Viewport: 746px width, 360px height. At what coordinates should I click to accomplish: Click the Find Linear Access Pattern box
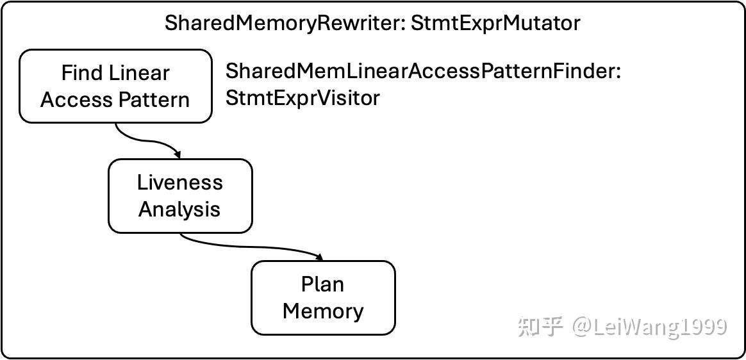(115, 86)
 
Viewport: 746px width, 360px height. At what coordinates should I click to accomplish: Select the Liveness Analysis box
(180, 196)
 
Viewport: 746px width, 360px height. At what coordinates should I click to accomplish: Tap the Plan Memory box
(323, 298)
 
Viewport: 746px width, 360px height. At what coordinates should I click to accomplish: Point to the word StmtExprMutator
(495, 23)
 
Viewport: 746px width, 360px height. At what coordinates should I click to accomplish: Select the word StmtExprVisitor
(303, 98)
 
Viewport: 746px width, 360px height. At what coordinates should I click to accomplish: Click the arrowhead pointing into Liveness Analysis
(178, 155)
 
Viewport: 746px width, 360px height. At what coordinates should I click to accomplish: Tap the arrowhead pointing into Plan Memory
(319, 257)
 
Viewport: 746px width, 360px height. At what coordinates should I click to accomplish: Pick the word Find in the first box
(81, 73)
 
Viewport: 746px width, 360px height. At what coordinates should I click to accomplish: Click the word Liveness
(180, 183)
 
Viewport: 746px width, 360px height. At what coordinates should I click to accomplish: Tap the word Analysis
(180, 209)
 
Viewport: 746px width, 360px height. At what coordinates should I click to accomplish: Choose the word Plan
(323, 284)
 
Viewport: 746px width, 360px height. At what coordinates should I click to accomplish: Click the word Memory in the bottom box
(323, 311)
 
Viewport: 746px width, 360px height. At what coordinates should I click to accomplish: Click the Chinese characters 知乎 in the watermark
(540, 327)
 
